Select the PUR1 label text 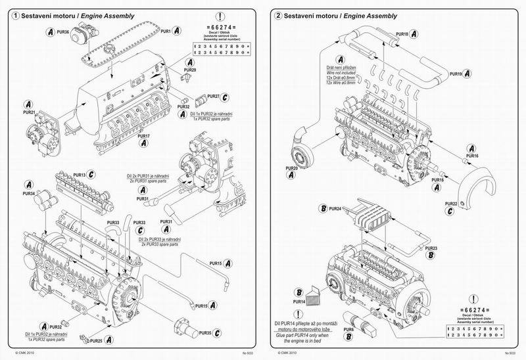click(x=166, y=31)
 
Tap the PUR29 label click(x=189, y=70)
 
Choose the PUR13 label click(x=80, y=175)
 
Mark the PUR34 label click(x=28, y=194)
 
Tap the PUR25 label click(x=95, y=340)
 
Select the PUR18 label click(x=402, y=34)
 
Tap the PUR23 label click(x=431, y=248)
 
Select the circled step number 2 click(x=278, y=15)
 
